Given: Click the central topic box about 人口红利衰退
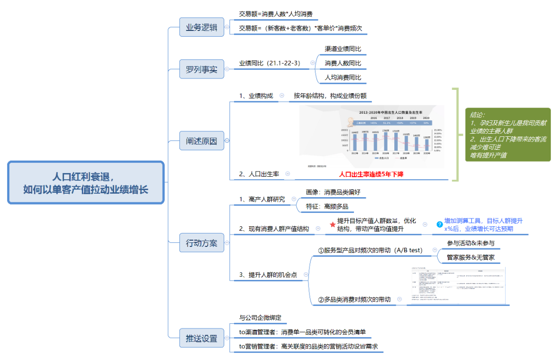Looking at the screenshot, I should [x=86, y=183].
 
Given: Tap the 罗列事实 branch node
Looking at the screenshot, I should [x=202, y=69].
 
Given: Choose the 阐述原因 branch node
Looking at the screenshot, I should [x=202, y=140].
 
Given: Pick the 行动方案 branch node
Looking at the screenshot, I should [x=202, y=242].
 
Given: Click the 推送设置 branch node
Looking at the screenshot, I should [x=202, y=339].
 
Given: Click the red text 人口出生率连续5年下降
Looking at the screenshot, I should [x=371, y=175].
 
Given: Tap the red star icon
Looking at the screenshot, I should [x=333, y=225].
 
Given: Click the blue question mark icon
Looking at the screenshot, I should [x=440, y=225].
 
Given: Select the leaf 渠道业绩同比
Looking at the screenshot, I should [x=343, y=49].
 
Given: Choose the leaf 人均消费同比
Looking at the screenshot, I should [x=343, y=77].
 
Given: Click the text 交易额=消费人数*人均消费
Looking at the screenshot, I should [x=275, y=14].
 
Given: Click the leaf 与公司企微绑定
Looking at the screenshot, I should [x=260, y=318].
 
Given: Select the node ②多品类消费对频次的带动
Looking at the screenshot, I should [x=354, y=299].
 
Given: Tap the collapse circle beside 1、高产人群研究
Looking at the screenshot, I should [x=293, y=199].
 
